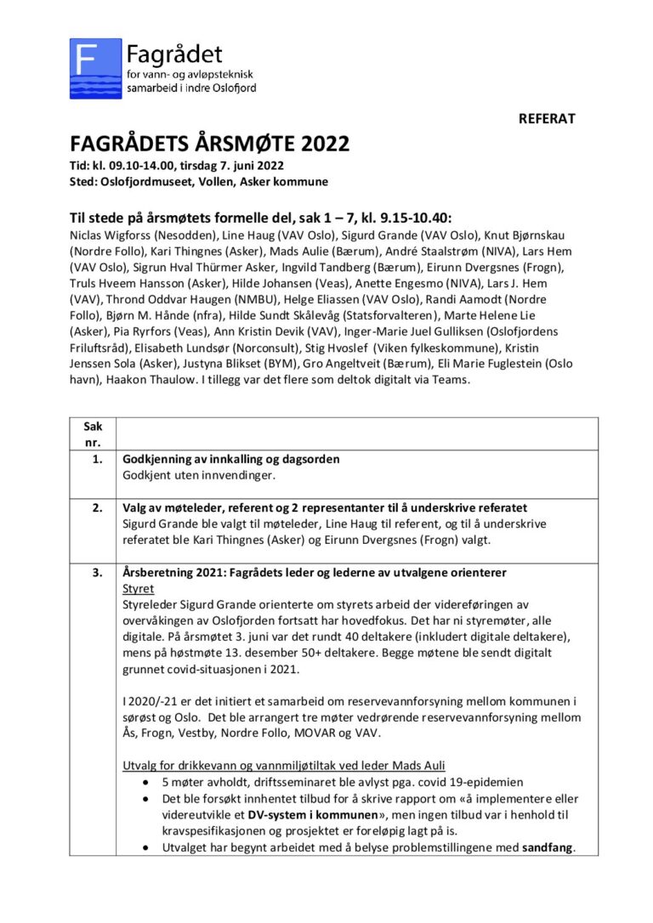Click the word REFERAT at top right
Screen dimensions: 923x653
coord(547,119)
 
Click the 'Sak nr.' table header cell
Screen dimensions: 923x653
coord(92,433)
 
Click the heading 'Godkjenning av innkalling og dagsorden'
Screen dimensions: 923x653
coord(231,460)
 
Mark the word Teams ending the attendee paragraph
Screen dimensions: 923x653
coord(449,379)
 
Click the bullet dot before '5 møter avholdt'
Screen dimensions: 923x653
coord(150,782)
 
